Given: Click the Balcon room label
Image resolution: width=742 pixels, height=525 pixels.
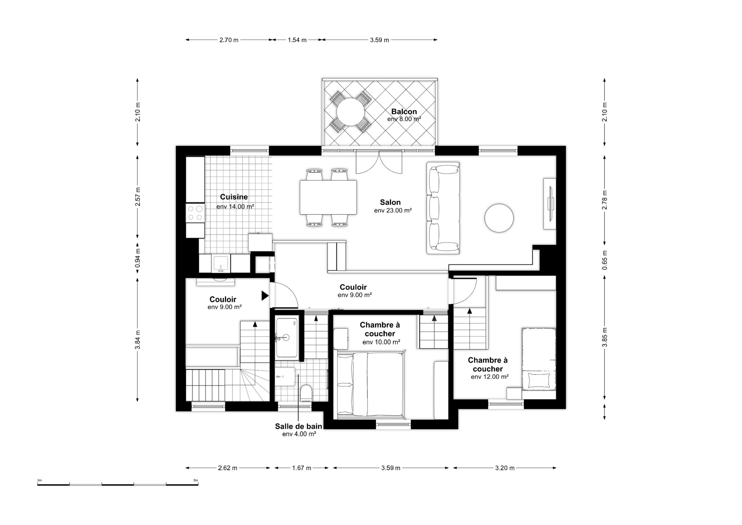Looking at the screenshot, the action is pyautogui.click(x=404, y=112).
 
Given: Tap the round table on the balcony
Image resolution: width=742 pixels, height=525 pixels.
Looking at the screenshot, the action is pyautogui.click(x=350, y=112).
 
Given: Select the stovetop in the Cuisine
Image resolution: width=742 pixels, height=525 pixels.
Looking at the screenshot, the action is pyautogui.click(x=195, y=213).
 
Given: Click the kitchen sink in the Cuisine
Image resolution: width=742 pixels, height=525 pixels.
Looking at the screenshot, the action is pyautogui.click(x=221, y=264).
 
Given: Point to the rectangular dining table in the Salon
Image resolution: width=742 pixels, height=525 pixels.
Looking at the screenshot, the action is pyautogui.click(x=328, y=197).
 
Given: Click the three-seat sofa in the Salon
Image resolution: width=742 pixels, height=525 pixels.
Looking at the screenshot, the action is pyautogui.click(x=443, y=208).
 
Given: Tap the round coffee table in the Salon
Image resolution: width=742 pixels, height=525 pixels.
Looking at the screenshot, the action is pyautogui.click(x=499, y=218).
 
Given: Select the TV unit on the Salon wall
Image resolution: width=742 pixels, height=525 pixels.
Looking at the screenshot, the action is pyautogui.click(x=550, y=204).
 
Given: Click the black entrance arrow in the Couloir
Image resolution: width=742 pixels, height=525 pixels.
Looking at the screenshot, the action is pyautogui.click(x=265, y=295).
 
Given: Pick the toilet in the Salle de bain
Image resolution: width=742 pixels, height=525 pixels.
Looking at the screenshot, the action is pyautogui.click(x=306, y=393).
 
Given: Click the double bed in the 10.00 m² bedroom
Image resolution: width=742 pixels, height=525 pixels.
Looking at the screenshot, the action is pyautogui.click(x=370, y=384).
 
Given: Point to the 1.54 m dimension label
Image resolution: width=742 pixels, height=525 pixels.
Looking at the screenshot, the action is pyautogui.click(x=297, y=40).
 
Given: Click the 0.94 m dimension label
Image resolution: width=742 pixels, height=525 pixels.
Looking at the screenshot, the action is pyautogui.click(x=138, y=258).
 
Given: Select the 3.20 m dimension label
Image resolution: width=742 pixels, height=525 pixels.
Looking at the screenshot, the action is pyautogui.click(x=505, y=468).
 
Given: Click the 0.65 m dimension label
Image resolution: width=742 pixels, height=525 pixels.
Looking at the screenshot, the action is pyautogui.click(x=605, y=260).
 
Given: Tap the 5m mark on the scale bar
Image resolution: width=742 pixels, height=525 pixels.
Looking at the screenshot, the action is pyautogui.click(x=196, y=480).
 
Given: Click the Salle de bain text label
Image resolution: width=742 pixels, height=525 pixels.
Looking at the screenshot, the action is pyautogui.click(x=299, y=426).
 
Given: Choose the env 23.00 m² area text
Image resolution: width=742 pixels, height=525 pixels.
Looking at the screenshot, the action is pyautogui.click(x=393, y=211).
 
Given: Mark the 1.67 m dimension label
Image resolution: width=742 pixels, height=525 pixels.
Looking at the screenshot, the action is pyautogui.click(x=301, y=468).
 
